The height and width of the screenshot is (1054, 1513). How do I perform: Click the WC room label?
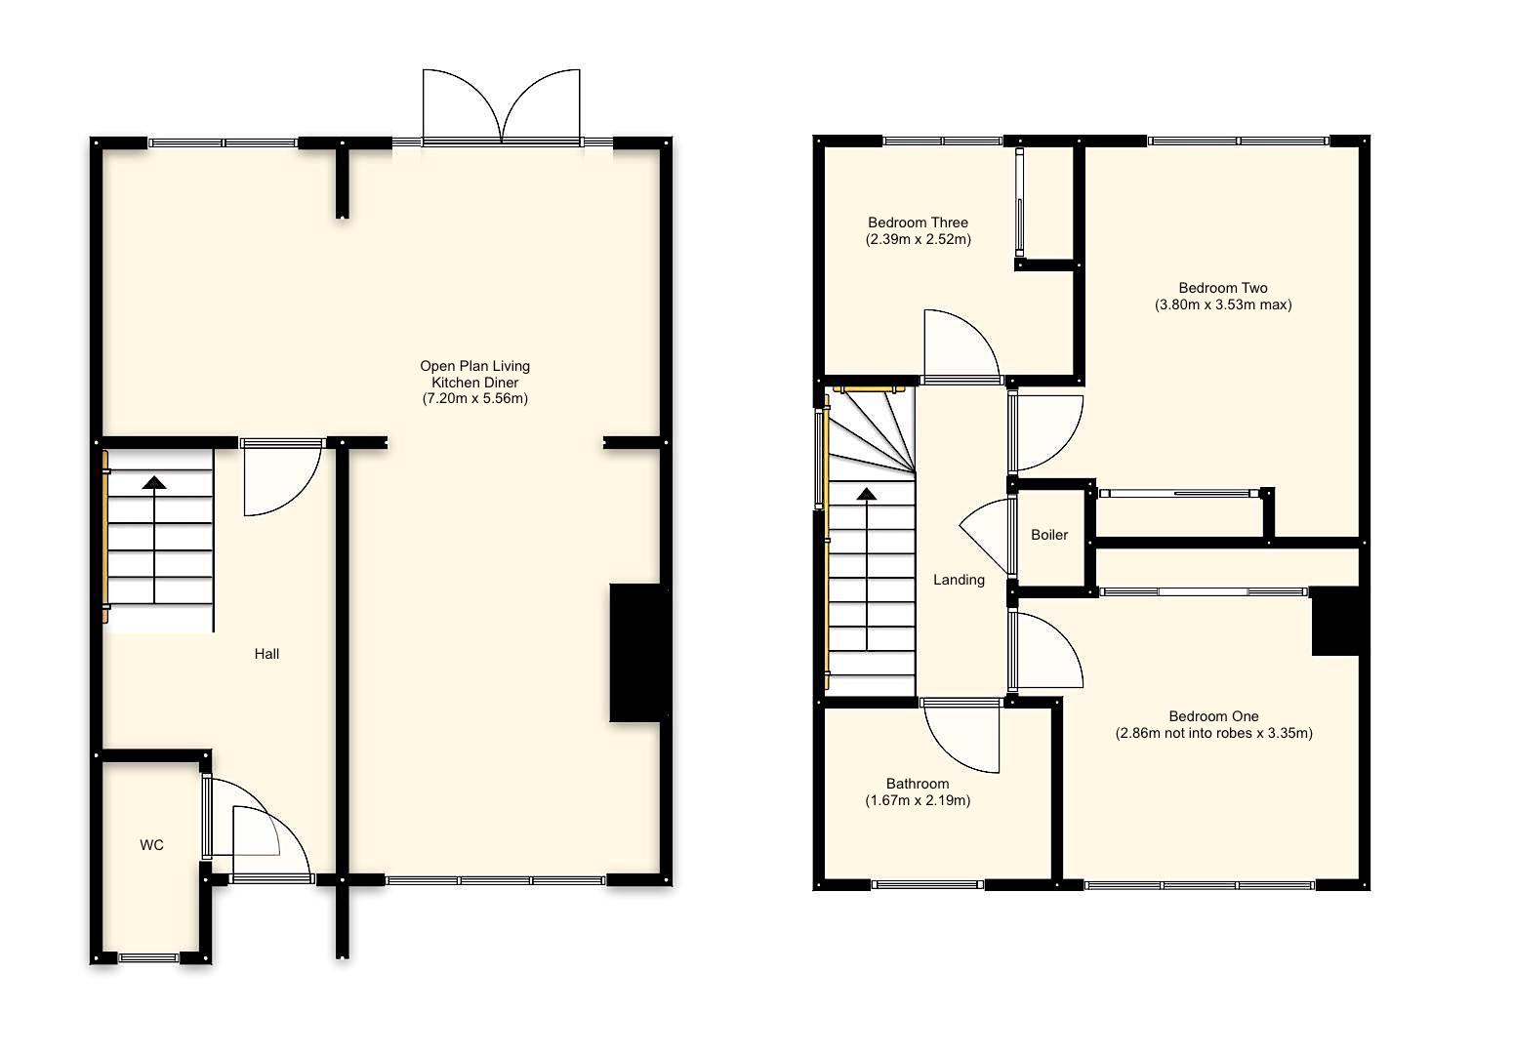151,845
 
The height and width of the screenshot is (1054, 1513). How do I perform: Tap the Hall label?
266,654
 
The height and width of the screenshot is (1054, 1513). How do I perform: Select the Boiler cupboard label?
1049,535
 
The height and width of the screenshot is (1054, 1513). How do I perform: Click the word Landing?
959,580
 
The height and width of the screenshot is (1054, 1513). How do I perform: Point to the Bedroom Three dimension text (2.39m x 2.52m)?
918,239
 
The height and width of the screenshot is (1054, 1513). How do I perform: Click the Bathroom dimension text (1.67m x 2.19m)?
918,800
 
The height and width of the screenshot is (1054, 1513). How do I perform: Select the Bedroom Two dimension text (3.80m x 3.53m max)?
1222,304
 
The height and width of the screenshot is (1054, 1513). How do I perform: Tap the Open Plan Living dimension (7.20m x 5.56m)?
474,398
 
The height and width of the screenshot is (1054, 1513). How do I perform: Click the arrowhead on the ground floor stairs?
154,481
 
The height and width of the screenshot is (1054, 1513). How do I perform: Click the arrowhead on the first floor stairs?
866,494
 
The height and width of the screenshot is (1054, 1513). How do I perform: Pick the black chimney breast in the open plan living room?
635,652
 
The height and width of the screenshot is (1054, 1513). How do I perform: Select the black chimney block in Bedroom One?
1335,622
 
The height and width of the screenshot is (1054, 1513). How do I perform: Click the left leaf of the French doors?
459,102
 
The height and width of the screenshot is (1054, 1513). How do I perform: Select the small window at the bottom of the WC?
149,958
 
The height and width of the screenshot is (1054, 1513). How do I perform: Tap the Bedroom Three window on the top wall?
942,142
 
